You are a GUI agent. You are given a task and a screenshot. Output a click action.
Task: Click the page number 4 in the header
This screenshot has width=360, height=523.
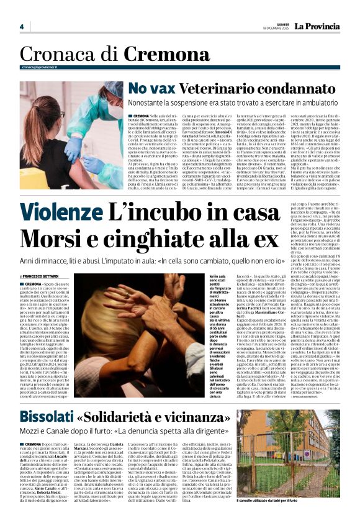(x=21, y=26)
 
